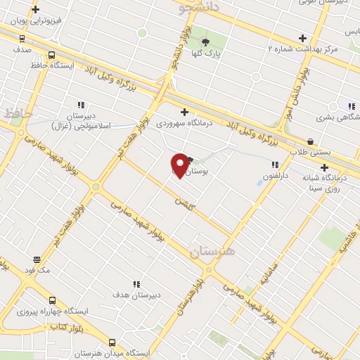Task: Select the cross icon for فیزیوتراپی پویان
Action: (x=36, y=10)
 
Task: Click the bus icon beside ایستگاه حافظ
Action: (x=51, y=55)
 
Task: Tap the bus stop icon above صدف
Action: (x=22, y=39)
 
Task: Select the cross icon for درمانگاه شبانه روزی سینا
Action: (x=324, y=167)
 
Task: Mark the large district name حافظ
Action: (x=18, y=112)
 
